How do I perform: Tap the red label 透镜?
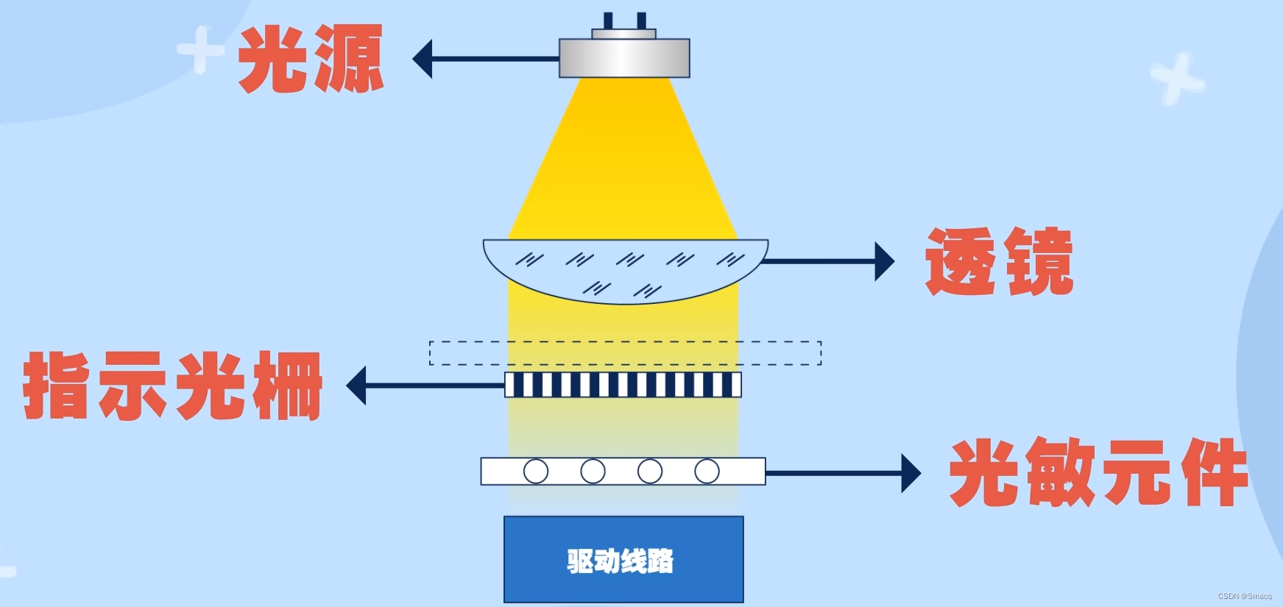point(999,262)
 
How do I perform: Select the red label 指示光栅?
point(173,386)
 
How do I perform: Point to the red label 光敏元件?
point(1098,472)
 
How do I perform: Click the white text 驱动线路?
point(620,561)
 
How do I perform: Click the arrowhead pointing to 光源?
point(423,59)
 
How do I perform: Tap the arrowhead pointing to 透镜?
point(884,261)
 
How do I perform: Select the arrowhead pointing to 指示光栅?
point(356,386)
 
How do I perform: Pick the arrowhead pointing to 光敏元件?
point(911,473)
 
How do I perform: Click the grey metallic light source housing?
point(624,58)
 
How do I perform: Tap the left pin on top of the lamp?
point(608,21)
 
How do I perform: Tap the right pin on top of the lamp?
point(641,21)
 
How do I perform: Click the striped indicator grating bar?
point(623,385)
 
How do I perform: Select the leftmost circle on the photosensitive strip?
point(536,471)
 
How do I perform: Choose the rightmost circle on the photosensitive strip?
point(707,471)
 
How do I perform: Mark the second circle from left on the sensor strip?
point(593,471)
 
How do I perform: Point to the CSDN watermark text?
point(1244,596)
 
